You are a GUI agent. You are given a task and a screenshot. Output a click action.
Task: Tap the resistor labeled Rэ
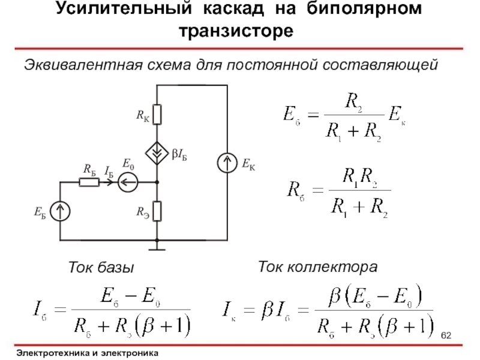pyautogui.click(x=157, y=211)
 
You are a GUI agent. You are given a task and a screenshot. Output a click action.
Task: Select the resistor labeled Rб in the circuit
pyautogui.click(x=89, y=181)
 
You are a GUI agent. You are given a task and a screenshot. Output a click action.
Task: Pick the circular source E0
pyautogui.click(x=128, y=181)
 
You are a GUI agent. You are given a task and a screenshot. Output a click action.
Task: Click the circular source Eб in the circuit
pyautogui.click(x=61, y=211)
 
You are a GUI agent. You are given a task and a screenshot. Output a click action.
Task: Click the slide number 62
pyautogui.click(x=447, y=334)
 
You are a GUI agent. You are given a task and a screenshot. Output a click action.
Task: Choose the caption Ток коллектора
pyautogui.click(x=317, y=265)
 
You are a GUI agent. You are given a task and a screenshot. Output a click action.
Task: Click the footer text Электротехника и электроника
pyautogui.click(x=88, y=352)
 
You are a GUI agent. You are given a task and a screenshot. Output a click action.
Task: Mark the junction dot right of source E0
pyautogui.click(x=157, y=181)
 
